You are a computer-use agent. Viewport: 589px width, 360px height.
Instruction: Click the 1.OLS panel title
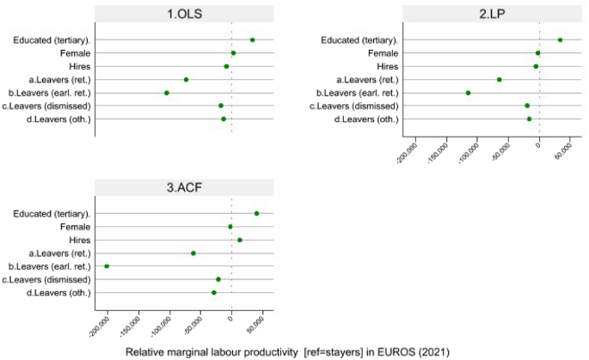coord(184,15)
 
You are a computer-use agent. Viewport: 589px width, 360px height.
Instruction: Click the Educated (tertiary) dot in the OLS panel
coord(252,40)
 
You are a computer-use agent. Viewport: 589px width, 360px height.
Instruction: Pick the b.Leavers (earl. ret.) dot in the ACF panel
coord(107,266)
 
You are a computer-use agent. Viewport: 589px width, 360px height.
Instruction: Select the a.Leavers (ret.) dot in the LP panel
coord(500,79)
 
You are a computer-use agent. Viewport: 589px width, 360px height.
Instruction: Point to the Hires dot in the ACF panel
coord(240,240)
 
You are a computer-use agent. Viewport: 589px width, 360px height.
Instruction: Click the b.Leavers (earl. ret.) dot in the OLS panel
coord(167,93)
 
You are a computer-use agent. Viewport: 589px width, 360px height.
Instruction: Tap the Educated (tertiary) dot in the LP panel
coord(560,40)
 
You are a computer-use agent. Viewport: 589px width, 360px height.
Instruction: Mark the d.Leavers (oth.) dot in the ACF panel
coord(214,293)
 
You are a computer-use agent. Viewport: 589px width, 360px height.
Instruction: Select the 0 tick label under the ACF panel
coord(230,320)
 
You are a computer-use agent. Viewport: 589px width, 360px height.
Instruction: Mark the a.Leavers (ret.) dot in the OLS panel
coord(186,79)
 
